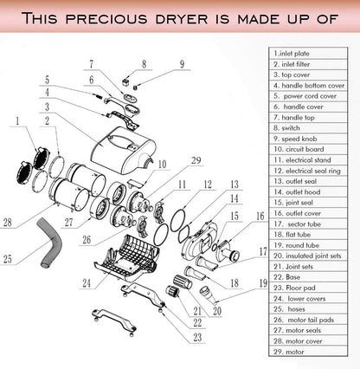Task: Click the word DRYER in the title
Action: click(182, 19)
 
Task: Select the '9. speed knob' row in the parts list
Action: click(308, 139)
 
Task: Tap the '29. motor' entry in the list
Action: click(308, 352)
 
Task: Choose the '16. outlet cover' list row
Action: click(308, 213)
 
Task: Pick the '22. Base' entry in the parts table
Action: click(308, 277)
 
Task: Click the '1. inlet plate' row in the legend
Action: click(308, 54)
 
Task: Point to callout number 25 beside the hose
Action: click(8, 259)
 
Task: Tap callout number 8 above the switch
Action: click(144, 64)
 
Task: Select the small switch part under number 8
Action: click(125, 82)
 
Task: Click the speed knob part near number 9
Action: click(135, 87)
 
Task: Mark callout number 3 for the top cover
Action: click(47, 107)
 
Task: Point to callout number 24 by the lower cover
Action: click(87, 283)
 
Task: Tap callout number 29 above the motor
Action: click(196, 160)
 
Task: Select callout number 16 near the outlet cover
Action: click(260, 216)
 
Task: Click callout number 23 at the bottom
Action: click(197, 337)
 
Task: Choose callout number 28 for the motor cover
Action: click(8, 223)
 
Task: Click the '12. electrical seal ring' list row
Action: click(308, 171)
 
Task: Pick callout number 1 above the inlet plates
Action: click(17, 120)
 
